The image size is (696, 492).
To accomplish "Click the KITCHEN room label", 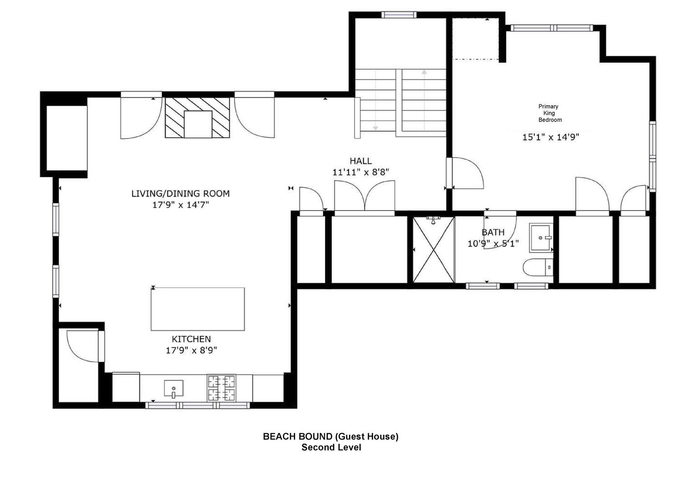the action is (191, 339).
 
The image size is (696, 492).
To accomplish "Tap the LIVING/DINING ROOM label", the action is (180, 194).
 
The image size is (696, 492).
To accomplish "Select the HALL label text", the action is (361, 161).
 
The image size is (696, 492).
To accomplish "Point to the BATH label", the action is (493, 232).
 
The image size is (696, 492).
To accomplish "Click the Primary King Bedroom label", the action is (550, 113).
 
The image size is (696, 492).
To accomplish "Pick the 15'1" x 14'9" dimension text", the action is (551, 137).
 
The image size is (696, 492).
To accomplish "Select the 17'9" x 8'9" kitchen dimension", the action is (191, 350).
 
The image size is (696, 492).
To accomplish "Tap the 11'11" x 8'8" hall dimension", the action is (361, 172).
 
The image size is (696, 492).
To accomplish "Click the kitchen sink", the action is (174, 389).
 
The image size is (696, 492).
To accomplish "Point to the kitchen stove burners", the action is (221, 388).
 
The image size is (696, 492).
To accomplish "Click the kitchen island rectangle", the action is (198, 309).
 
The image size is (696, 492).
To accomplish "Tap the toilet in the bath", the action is (538, 267).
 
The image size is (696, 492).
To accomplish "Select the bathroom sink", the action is (541, 238).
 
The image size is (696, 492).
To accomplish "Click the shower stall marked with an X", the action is (434, 250).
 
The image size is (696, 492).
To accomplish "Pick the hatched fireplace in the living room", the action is (197, 118).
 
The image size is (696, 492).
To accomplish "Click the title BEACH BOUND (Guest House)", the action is (331, 436).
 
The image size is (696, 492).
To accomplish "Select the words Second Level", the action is (331, 447).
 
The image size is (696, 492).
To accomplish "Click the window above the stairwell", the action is (399, 15).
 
